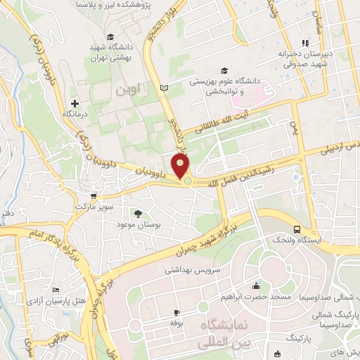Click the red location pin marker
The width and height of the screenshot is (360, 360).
tap(181, 167)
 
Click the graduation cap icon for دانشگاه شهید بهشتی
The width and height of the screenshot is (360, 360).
tap(109, 37)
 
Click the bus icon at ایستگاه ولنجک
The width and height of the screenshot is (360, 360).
tap(297, 229)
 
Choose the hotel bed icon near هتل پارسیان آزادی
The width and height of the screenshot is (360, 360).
tap(56, 290)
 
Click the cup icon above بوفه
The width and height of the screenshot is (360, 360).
tap(176, 311)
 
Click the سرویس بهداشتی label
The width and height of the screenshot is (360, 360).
tap(193, 269)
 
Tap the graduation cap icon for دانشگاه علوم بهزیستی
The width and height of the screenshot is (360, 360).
tap(224, 70)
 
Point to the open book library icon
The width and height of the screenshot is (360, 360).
tap(165, 88)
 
